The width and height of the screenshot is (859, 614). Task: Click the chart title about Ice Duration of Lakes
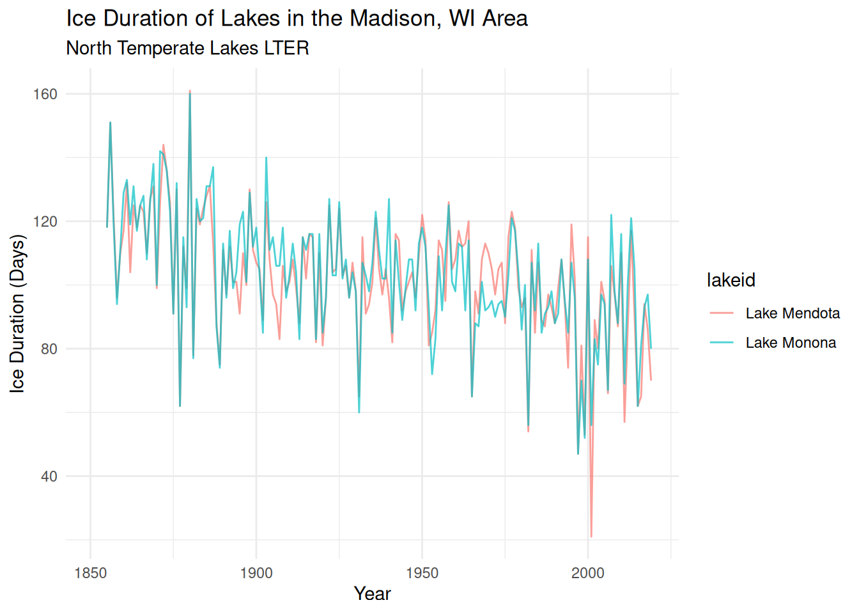[297, 19]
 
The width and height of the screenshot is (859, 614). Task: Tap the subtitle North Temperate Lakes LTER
[187, 48]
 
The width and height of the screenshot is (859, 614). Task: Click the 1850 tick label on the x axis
[90, 573]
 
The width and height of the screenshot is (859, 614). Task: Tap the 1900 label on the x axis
[256, 573]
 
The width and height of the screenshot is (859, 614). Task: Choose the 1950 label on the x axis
[422, 573]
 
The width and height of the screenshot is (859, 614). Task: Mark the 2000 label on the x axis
[588, 573]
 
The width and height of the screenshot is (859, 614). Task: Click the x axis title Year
[372, 594]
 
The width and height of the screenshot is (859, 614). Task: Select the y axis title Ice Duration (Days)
[17, 313]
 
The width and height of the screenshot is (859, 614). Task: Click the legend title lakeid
[731, 280]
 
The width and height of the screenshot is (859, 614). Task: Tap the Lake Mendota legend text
[793, 313]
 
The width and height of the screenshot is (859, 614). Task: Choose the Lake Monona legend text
[791, 343]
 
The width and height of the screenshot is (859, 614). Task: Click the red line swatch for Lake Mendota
[722, 313]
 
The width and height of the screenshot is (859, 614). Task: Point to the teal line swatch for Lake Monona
[722, 343]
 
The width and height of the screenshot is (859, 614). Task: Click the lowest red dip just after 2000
[591, 536]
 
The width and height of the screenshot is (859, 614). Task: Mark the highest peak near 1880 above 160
[190, 91]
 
